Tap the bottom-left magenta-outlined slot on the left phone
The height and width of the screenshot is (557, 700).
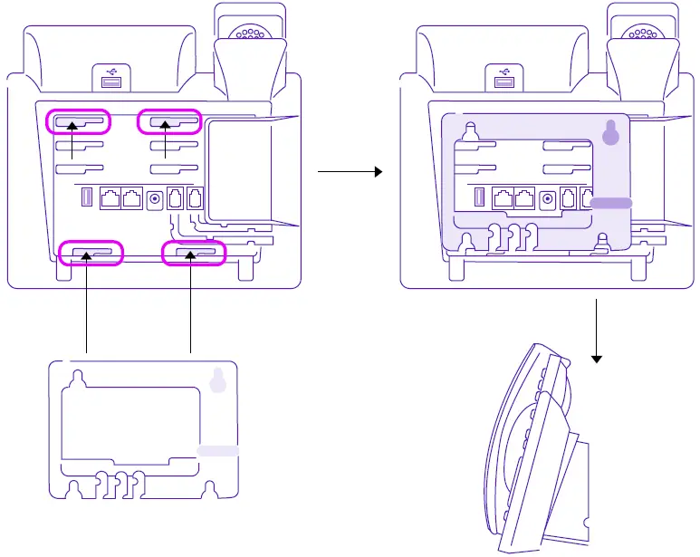tap(91, 252)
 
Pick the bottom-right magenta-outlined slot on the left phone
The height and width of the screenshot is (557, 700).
tap(192, 253)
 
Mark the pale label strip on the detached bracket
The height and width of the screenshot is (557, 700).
tap(218, 450)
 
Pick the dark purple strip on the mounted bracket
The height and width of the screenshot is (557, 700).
tap(612, 203)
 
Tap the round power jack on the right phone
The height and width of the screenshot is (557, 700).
tap(547, 199)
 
